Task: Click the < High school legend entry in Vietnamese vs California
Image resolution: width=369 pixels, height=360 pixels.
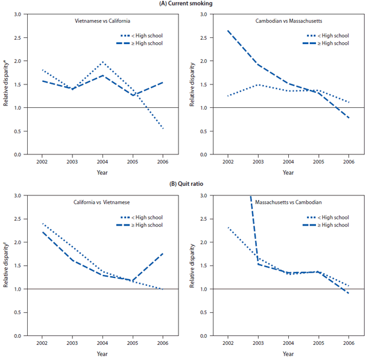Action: [x=147, y=36]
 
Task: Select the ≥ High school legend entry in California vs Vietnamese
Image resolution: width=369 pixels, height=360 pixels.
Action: [x=147, y=225]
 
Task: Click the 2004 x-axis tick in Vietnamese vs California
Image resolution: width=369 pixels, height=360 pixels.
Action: [x=102, y=162]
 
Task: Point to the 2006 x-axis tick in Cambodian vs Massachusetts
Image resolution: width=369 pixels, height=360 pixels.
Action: [x=348, y=162]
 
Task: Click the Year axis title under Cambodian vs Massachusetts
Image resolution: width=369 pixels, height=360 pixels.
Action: [x=288, y=172]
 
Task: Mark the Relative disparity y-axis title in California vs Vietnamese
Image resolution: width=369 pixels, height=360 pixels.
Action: [x=6, y=265]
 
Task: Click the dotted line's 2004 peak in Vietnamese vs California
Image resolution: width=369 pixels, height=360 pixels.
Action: [x=102, y=62]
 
